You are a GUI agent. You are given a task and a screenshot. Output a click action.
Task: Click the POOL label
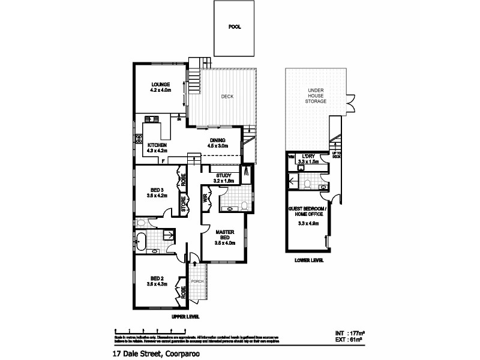coord(235,27)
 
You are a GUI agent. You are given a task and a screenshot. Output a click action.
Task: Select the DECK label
coord(227,97)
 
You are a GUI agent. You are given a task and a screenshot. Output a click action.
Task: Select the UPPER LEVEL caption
coord(185,316)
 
